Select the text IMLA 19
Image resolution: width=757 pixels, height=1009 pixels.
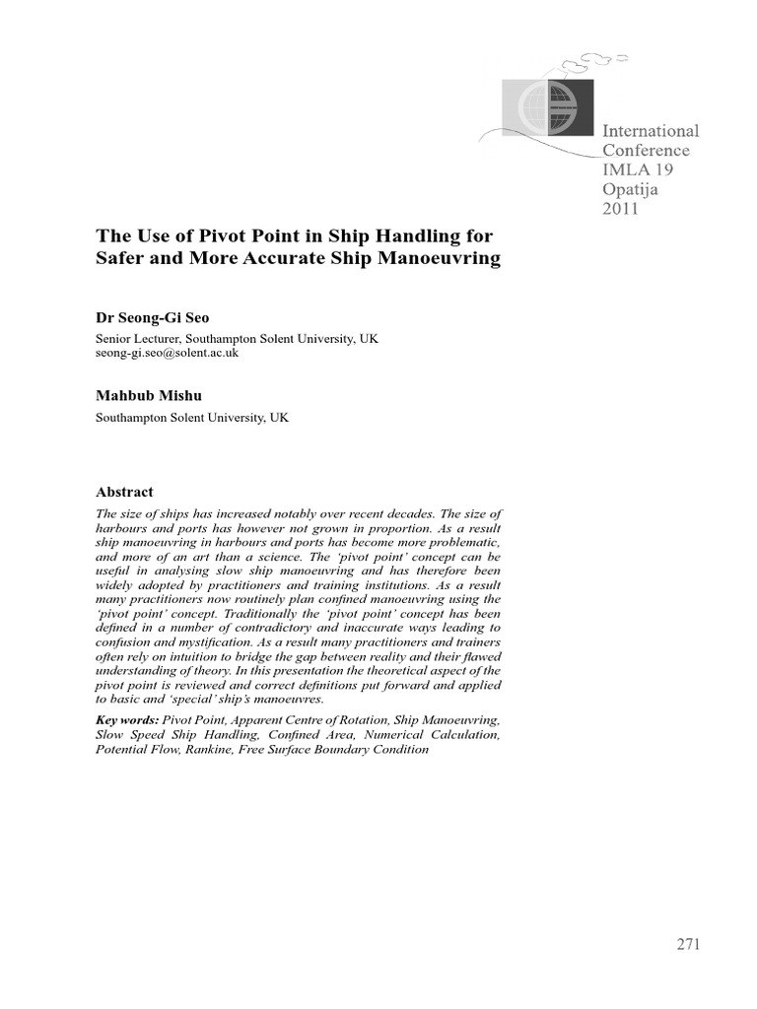pyautogui.click(x=638, y=169)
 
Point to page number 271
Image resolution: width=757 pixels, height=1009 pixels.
pyautogui.click(x=688, y=945)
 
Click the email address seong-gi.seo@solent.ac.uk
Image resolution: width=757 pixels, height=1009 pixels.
pyautogui.click(x=167, y=352)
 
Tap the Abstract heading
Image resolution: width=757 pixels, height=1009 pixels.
pyautogui.click(x=124, y=492)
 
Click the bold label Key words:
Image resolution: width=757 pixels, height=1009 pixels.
pyautogui.click(x=127, y=721)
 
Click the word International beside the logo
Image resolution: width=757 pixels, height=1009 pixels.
pyautogui.click(x=651, y=130)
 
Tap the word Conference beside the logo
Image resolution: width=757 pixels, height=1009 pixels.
pyautogui.click(x=646, y=151)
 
